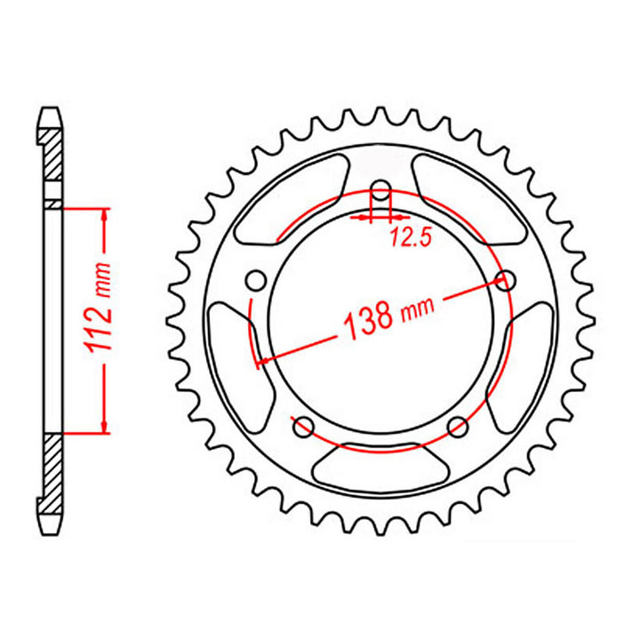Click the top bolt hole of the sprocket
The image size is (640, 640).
tap(381, 191)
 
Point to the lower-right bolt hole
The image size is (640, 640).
tap(460, 425)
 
